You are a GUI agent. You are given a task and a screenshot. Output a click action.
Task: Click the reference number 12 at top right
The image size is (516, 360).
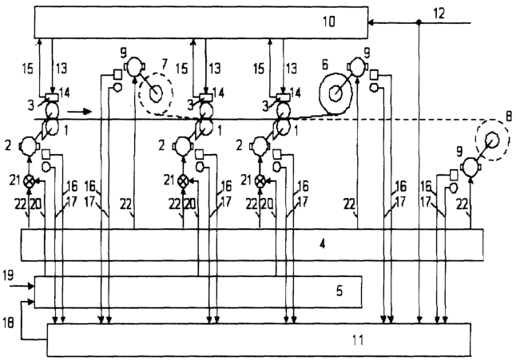[439, 14]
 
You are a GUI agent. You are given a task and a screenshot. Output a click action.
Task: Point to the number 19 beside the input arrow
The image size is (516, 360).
[8, 275]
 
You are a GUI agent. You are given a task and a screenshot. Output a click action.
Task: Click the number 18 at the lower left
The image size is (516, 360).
[8, 322]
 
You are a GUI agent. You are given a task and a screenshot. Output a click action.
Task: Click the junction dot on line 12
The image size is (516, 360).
[419, 22]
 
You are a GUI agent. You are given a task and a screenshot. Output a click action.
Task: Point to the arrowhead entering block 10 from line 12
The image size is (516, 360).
[371, 22]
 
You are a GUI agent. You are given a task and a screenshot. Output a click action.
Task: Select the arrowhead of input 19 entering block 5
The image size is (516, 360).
[32, 287]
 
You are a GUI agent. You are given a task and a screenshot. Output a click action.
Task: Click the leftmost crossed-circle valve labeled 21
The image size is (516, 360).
[30, 180]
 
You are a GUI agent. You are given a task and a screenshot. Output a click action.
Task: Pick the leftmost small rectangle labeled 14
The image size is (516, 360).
[52, 97]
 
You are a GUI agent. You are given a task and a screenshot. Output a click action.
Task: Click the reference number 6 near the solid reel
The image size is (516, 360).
[325, 65]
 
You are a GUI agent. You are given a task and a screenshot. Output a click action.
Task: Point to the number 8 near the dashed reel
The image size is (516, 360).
[509, 117]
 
